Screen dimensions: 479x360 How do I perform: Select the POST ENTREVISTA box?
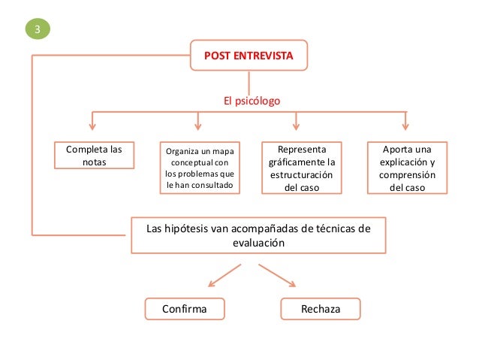coord(249,55)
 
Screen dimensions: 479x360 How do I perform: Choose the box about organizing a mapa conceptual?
coord(200,168)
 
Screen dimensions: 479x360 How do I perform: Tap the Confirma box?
coord(185,309)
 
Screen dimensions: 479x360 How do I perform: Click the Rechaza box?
coord(321,309)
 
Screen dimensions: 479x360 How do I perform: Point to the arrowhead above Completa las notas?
coord(93,124)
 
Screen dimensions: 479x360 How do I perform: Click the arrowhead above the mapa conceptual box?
coord(197,124)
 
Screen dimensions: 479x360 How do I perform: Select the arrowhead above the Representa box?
coord(297,124)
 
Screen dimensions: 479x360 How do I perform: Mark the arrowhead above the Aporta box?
coord(405,124)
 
